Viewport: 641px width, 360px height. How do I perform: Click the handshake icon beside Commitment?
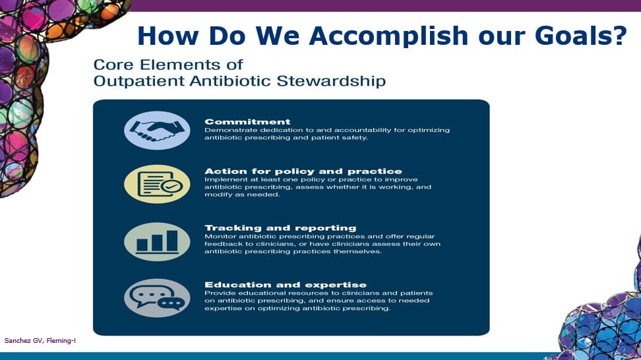157,131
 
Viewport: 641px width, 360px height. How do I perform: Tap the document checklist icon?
157,184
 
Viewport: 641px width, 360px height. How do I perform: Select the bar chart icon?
157,242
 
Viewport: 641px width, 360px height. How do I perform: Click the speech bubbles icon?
157,298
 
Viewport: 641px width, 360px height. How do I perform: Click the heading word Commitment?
247,122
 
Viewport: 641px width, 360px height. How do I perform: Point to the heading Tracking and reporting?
280,228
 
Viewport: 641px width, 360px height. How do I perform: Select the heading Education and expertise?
286,285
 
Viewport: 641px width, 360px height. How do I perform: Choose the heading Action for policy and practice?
303,171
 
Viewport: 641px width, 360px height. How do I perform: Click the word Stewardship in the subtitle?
331,81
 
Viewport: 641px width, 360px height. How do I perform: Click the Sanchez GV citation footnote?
40,340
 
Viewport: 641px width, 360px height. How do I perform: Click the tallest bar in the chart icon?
172,241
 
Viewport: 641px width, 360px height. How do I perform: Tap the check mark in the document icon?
171,187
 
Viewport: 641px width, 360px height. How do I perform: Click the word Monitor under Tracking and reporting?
220,236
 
